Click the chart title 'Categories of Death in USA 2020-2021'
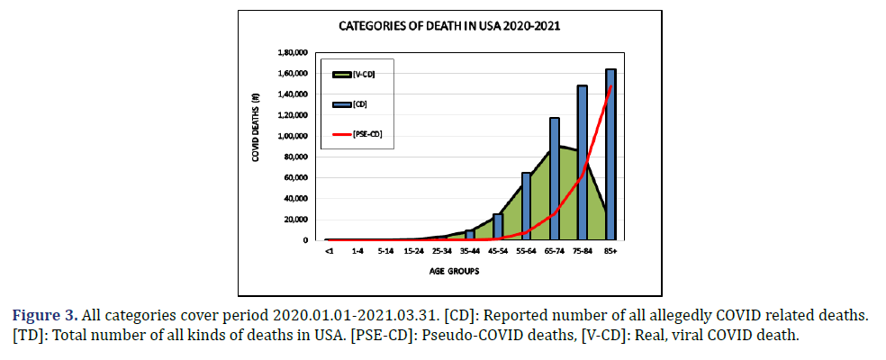click(449, 25)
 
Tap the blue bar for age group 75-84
click(583, 162)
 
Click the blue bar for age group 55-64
click(527, 206)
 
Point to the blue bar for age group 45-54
click(498, 227)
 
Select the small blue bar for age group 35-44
click(470, 235)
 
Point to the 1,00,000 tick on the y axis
click(294, 136)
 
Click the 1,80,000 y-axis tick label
click(294, 52)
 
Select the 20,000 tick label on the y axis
click(297, 220)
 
